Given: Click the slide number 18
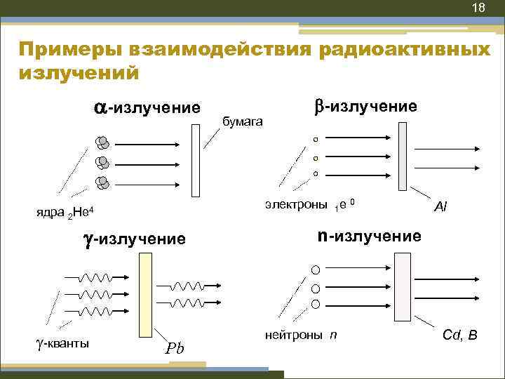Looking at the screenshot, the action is [x=478, y=8].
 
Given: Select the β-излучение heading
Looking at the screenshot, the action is [x=365, y=106].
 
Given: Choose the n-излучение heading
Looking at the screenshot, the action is [x=369, y=235].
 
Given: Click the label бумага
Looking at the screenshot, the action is [x=243, y=121].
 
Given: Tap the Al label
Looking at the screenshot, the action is [x=441, y=206].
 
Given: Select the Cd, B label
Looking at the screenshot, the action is [x=460, y=335].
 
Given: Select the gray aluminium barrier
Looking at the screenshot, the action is [x=402, y=156].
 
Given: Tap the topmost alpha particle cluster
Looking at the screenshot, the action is [x=103, y=143].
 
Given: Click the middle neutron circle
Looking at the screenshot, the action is [x=316, y=288].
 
